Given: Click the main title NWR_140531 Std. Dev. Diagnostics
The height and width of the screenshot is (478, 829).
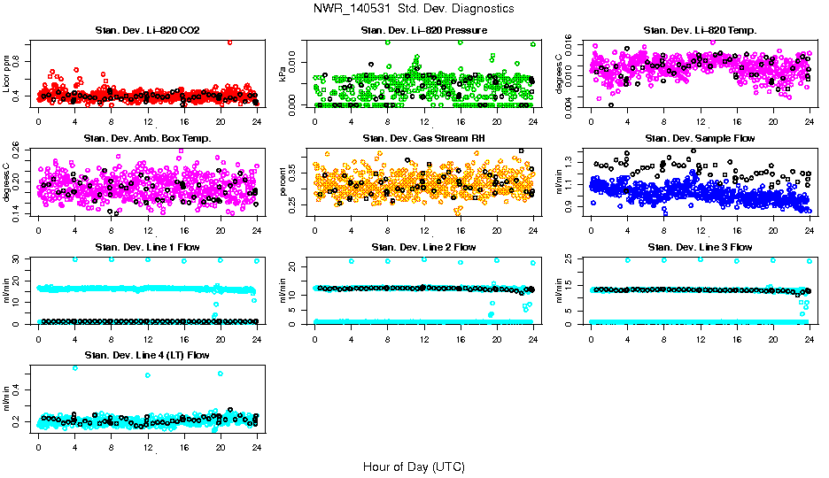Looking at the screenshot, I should (x=413, y=9).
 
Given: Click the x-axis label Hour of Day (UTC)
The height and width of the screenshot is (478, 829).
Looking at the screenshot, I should (x=414, y=466).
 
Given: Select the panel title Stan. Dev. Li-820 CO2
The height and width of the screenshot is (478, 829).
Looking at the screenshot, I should (x=147, y=31).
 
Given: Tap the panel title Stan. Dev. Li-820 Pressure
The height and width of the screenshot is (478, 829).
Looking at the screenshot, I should (x=423, y=31).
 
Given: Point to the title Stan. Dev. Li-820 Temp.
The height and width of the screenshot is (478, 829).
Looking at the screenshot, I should (x=700, y=31).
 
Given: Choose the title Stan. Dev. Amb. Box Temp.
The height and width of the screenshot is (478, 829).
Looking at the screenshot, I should (x=147, y=139).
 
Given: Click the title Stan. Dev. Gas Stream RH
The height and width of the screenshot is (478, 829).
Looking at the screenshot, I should (x=423, y=139).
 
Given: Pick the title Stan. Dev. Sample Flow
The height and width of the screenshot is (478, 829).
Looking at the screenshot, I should (x=700, y=139).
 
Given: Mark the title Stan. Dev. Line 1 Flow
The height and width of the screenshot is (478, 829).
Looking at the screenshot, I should (x=147, y=247).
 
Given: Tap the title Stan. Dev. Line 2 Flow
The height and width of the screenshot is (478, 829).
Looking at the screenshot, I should (x=423, y=247).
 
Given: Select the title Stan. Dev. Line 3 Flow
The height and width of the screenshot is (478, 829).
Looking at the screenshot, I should (x=700, y=247).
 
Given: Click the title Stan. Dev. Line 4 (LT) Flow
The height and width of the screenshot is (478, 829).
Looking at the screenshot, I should (x=147, y=356).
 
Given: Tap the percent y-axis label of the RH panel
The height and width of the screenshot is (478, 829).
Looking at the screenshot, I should (x=283, y=181).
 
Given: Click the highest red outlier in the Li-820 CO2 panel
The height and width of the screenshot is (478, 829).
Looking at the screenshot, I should (x=230, y=42).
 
